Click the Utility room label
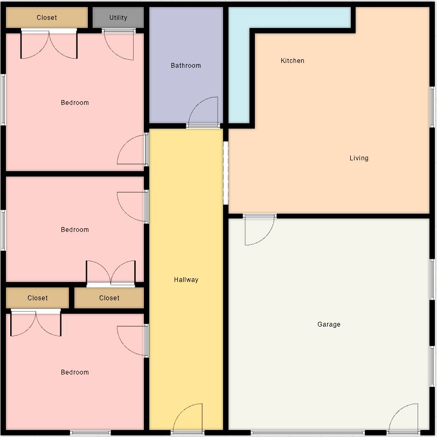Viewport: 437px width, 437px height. [118, 18]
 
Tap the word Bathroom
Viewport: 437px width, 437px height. [186, 66]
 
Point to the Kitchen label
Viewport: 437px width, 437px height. [293, 60]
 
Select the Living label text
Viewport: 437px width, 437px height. [359, 158]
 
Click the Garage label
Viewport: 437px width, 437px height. [329, 324]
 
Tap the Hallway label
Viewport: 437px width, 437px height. [186, 279]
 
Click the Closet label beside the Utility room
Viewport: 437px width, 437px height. [46, 18]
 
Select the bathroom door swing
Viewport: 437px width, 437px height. [203, 112]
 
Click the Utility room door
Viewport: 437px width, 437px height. [119, 44]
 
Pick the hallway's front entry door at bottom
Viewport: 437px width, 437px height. [188, 419]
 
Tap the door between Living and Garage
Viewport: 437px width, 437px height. [260, 230]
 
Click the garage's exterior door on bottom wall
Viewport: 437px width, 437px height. [404, 419]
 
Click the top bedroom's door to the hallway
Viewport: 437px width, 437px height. [133, 150]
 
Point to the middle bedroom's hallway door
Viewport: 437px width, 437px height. [133, 207]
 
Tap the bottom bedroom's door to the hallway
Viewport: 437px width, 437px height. [133, 341]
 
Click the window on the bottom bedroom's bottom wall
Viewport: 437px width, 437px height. [90, 433]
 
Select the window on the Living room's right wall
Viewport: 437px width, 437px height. [432, 107]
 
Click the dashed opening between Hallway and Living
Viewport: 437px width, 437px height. [225, 173]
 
